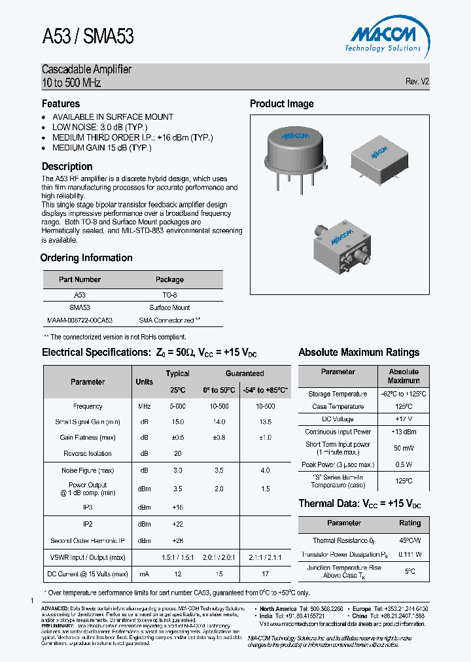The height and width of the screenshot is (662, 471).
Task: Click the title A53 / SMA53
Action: tap(88, 37)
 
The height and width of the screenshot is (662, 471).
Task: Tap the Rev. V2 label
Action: tap(417, 82)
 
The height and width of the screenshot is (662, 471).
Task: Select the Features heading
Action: tap(61, 104)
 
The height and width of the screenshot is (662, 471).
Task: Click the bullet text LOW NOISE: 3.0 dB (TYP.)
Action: tap(100, 127)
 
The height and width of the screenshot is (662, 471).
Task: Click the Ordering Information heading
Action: tap(86, 258)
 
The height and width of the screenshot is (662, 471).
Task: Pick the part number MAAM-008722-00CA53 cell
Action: tap(80, 321)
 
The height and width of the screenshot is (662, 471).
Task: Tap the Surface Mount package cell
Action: tap(169, 307)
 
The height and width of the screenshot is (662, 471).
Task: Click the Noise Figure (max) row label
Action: tap(88, 470)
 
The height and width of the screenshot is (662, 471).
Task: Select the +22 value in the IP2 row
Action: tap(177, 524)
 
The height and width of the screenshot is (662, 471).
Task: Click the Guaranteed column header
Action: tap(245, 374)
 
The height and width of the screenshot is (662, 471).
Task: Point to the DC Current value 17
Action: tap(265, 574)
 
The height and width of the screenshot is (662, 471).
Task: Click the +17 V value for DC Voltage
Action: tap(404, 419)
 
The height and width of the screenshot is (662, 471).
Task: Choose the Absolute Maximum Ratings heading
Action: tap(358, 353)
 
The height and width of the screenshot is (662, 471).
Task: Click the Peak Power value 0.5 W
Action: tap(404, 464)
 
